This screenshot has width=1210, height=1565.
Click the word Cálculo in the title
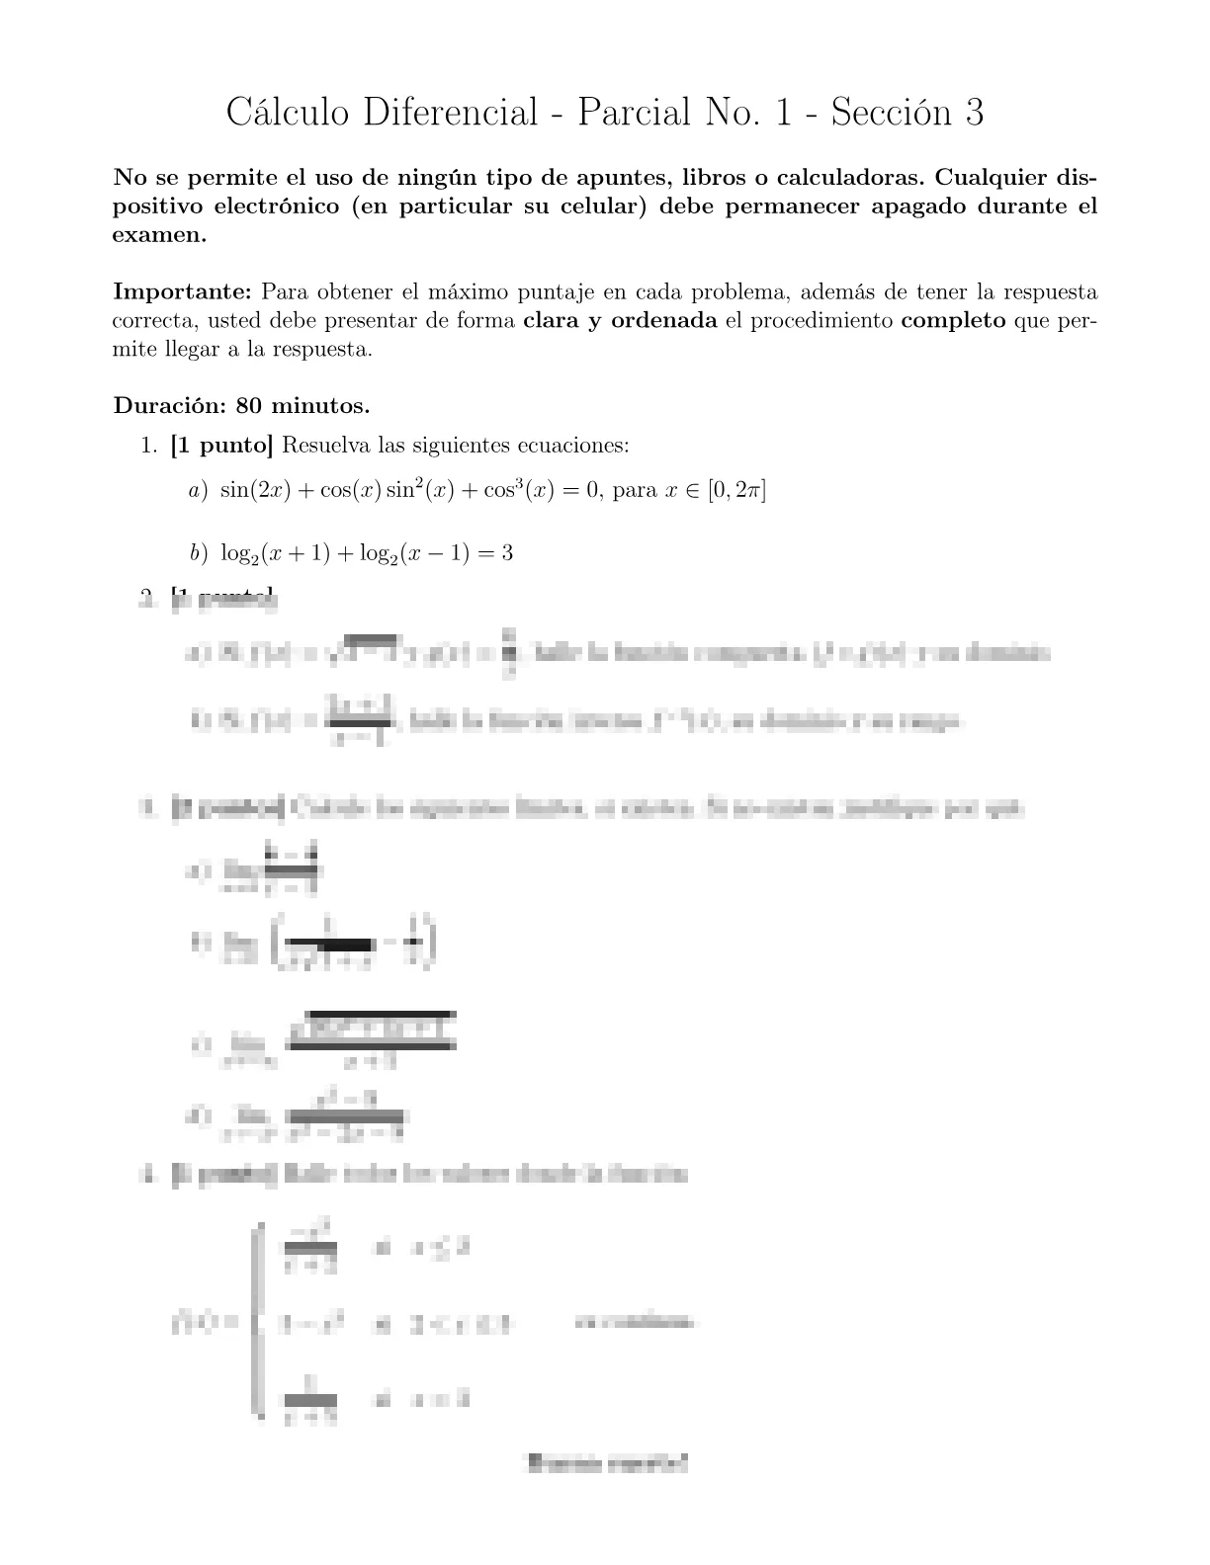[288, 113]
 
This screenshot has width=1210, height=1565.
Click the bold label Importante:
[184, 292]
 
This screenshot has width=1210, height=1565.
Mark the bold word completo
[954, 321]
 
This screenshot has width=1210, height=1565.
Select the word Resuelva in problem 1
[325, 446]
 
